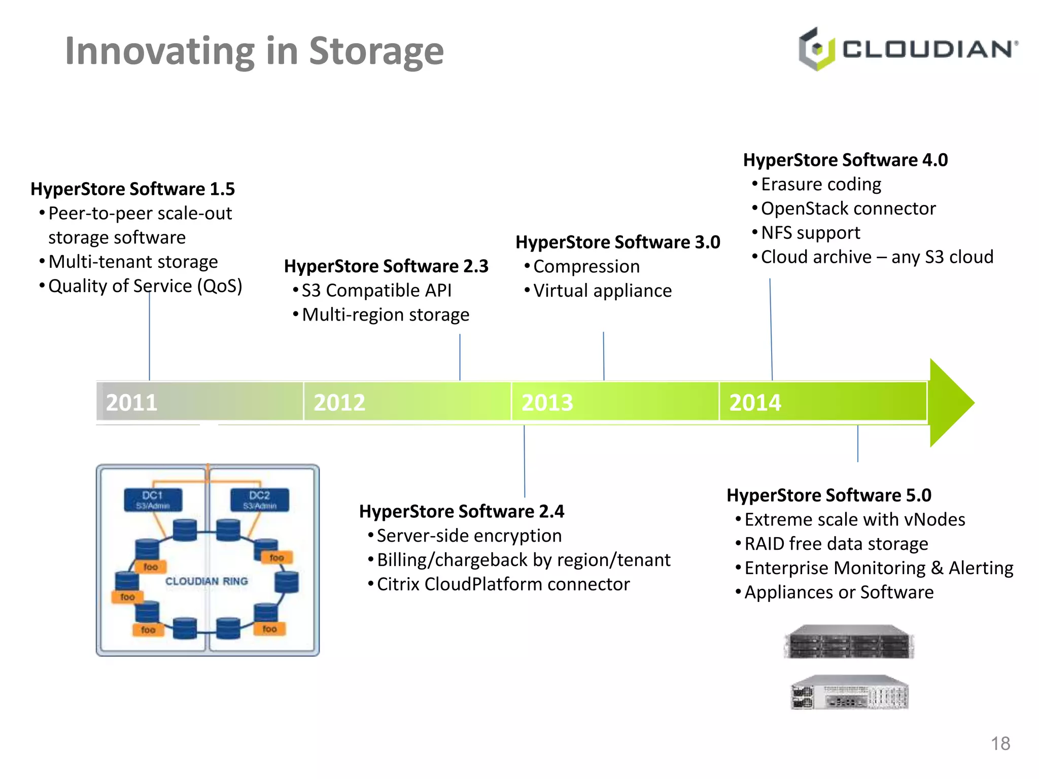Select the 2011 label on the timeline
point(131,403)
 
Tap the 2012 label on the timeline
point(339,403)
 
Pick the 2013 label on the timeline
point(547,403)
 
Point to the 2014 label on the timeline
point(755,403)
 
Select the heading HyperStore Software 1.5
point(132,189)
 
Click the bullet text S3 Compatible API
point(376,291)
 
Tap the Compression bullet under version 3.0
point(586,267)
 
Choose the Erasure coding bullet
point(821,184)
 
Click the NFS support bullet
point(810,233)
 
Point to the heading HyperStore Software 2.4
point(461,511)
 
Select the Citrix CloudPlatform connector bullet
point(503,584)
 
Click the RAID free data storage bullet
point(836,544)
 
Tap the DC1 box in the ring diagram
point(153,500)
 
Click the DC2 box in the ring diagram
point(259,500)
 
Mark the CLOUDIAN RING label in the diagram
point(206,581)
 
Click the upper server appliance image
point(849,642)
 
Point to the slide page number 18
point(1000,743)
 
